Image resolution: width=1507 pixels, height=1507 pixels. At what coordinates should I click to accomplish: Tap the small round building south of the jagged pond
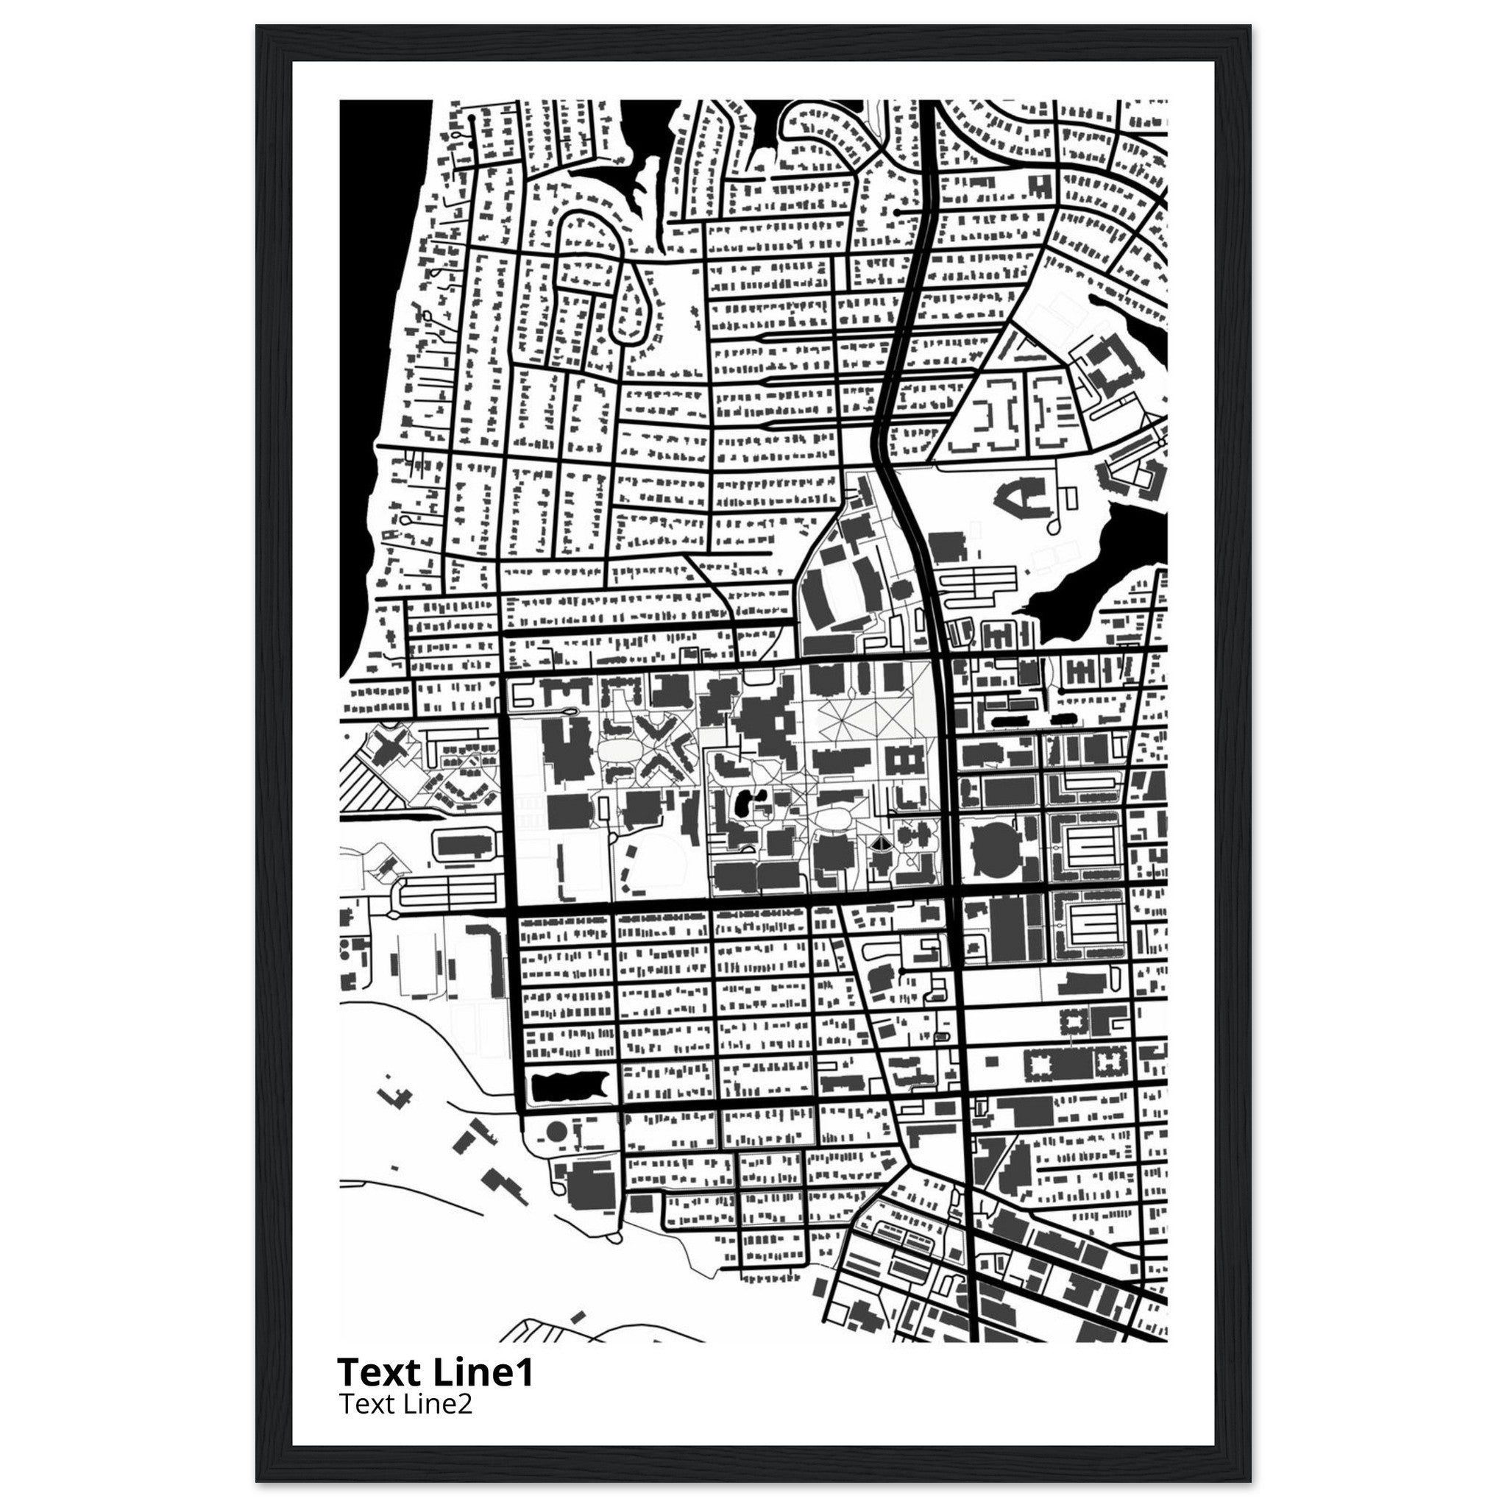click(556, 1130)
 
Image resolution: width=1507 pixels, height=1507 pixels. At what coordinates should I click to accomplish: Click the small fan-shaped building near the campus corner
click(879, 845)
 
